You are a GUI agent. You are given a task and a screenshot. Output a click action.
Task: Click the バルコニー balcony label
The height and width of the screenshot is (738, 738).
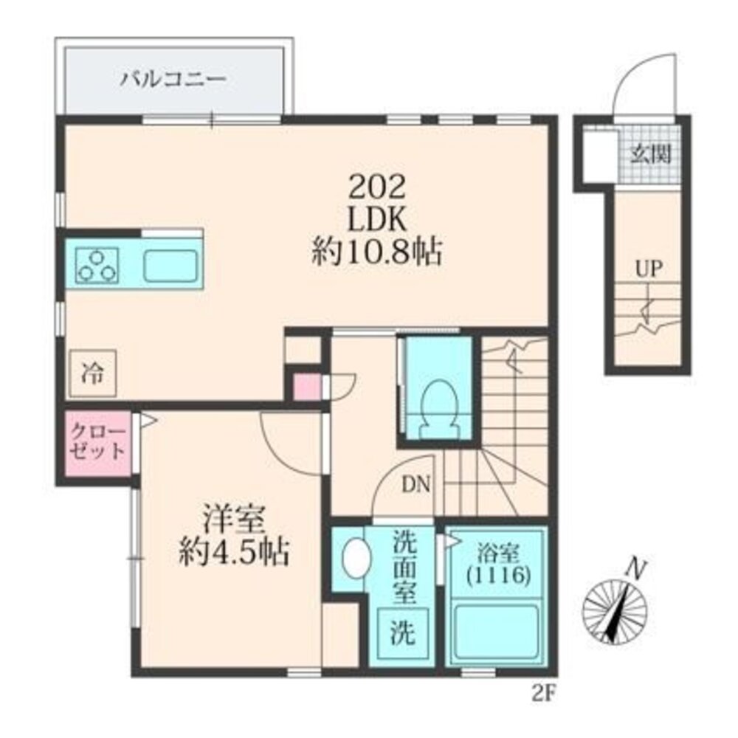pos(173,79)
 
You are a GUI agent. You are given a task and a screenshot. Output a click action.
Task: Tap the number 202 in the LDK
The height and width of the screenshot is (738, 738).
pos(376,187)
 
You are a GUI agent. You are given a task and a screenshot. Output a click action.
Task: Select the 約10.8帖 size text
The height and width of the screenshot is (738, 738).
pos(376,253)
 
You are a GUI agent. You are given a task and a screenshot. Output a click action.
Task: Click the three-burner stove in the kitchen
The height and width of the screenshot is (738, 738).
pos(97,266)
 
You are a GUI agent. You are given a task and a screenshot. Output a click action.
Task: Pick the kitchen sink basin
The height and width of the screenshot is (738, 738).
pos(170,266)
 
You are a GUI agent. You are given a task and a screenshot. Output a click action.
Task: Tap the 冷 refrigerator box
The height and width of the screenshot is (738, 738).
pos(93,373)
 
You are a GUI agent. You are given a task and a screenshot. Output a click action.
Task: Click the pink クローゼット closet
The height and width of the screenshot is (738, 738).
pos(98,443)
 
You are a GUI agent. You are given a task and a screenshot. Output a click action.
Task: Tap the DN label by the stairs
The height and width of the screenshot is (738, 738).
pos(416,485)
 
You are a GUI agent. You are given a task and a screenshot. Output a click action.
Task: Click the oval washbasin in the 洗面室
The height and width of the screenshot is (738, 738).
pos(356,558)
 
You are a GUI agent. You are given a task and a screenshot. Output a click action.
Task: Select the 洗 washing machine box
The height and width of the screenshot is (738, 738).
pos(403,633)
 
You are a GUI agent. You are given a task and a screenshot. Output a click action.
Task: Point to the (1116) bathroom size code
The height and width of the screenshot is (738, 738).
pos(498,575)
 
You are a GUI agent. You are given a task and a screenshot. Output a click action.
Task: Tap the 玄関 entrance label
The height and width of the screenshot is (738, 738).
pos(650,153)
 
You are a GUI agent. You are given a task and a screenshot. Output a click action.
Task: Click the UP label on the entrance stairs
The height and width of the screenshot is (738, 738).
pos(649,269)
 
